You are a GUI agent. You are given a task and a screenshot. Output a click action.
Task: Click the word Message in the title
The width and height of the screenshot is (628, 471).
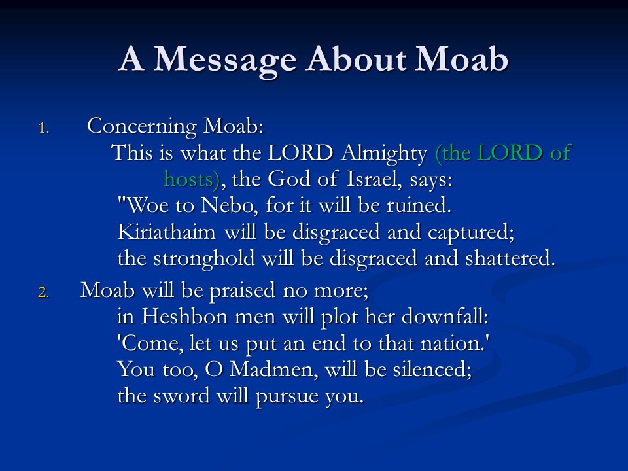pyautogui.click(x=224, y=60)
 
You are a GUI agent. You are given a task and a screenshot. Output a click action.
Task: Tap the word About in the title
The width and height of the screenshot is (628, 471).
pyautogui.click(x=357, y=58)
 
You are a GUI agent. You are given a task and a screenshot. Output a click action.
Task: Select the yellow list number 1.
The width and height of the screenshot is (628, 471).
pyautogui.click(x=44, y=129)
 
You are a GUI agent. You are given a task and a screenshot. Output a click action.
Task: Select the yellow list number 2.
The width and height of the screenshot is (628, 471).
pyautogui.click(x=44, y=292)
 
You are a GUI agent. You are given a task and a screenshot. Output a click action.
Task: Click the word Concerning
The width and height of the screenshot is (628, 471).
pyautogui.click(x=142, y=127)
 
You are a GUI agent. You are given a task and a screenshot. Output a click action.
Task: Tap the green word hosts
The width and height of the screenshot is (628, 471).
pyautogui.click(x=188, y=179)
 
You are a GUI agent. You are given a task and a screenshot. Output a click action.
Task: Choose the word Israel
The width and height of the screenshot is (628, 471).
pyautogui.click(x=374, y=179)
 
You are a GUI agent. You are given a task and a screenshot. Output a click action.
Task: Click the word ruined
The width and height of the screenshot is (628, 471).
pyautogui.click(x=419, y=205)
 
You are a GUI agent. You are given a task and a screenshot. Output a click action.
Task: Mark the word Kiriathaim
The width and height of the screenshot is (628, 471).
pyautogui.click(x=167, y=232)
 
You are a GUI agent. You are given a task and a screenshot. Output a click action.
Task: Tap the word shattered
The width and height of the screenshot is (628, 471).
pyautogui.click(x=510, y=258)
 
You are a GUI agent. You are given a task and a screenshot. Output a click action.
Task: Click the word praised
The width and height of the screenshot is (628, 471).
pyautogui.click(x=242, y=291)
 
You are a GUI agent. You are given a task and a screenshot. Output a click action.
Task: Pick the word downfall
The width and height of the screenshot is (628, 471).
pyautogui.click(x=445, y=317)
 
